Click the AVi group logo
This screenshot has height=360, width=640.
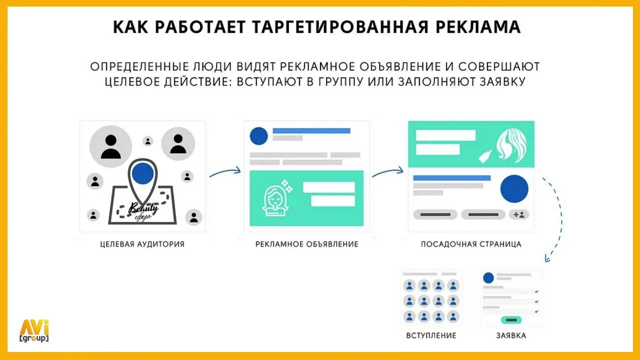pos(34,330)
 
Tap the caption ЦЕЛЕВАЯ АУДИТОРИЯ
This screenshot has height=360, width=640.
pos(142,244)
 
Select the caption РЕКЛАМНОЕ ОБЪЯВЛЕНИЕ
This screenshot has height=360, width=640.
pos(307,244)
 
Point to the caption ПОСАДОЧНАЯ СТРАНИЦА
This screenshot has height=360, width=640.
pos(471,244)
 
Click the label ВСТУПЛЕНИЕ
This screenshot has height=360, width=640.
pos(431,335)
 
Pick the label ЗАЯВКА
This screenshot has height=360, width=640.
pos(511,335)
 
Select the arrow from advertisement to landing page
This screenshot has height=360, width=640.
pos(387,171)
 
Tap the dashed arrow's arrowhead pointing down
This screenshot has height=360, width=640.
pos(547,259)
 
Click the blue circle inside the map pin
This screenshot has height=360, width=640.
pos(143,173)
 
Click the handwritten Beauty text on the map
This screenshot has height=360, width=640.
pos(144,207)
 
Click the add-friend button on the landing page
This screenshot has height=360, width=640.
pos(519,214)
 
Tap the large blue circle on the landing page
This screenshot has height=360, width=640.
pos(514,189)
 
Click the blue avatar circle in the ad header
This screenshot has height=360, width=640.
pos(258,135)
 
